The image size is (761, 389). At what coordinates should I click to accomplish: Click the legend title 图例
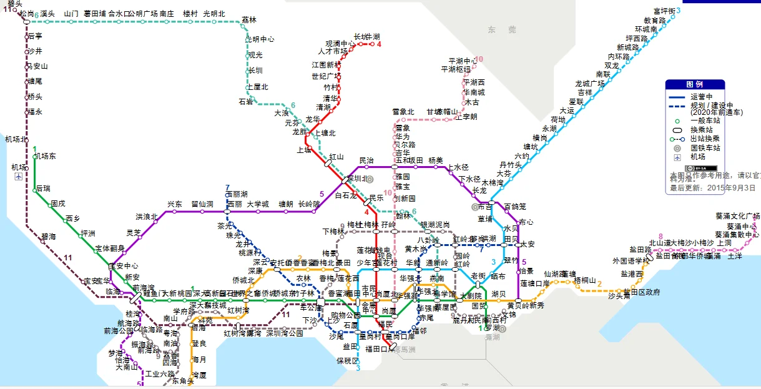(694, 84)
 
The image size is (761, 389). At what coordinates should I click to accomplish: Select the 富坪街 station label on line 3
(663, 11)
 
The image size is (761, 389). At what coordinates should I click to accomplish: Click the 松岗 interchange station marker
(26, 21)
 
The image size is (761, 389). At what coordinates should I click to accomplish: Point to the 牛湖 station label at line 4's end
(374, 36)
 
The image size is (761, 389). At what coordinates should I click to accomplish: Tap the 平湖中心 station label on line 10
(462, 61)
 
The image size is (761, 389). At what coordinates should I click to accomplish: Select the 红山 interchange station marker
(328, 162)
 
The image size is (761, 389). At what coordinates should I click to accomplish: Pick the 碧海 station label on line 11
(48, 237)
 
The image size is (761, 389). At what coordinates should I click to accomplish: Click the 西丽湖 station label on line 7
(237, 194)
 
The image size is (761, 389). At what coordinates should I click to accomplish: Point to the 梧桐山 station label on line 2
(585, 280)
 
